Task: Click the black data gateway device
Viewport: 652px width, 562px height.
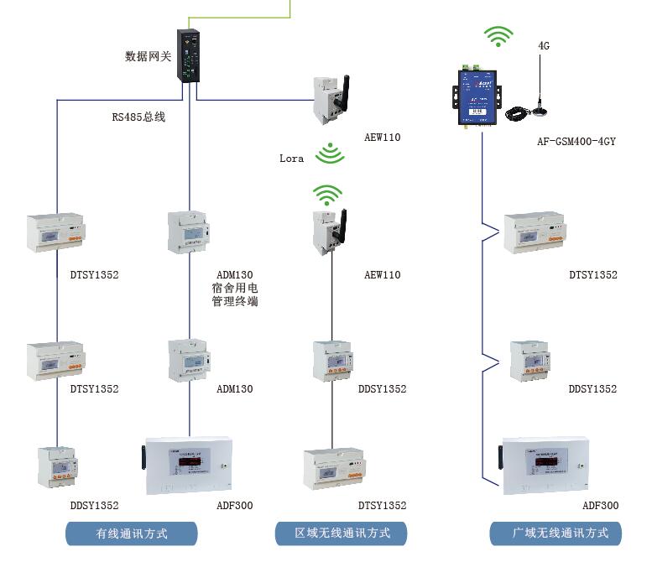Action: click(x=190, y=55)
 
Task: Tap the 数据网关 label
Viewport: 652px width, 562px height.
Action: click(x=148, y=56)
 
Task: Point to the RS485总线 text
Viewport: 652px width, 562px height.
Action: click(x=138, y=117)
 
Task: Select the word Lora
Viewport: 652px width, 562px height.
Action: click(x=292, y=158)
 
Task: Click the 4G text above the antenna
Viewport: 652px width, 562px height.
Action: click(x=544, y=46)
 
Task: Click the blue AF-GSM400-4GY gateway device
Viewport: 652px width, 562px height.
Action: click(x=478, y=95)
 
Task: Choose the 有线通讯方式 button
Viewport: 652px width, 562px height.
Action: click(x=132, y=533)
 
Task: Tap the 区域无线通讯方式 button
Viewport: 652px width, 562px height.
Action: click(x=342, y=533)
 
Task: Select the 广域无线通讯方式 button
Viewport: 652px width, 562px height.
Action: click(x=556, y=533)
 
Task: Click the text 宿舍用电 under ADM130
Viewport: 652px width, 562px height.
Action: click(x=234, y=289)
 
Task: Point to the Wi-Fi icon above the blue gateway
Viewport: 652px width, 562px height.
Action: click(x=498, y=36)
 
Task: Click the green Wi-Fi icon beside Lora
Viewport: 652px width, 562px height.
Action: click(x=330, y=154)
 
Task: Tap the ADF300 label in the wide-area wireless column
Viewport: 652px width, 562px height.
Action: click(x=600, y=506)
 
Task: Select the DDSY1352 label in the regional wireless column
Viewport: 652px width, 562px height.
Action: click(x=382, y=389)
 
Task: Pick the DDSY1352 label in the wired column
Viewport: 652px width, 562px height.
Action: click(x=94, y=506)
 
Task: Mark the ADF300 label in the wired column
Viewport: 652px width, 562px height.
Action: click(x=234, y=506)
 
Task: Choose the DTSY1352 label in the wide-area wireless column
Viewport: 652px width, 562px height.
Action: click(x=592, y=275)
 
